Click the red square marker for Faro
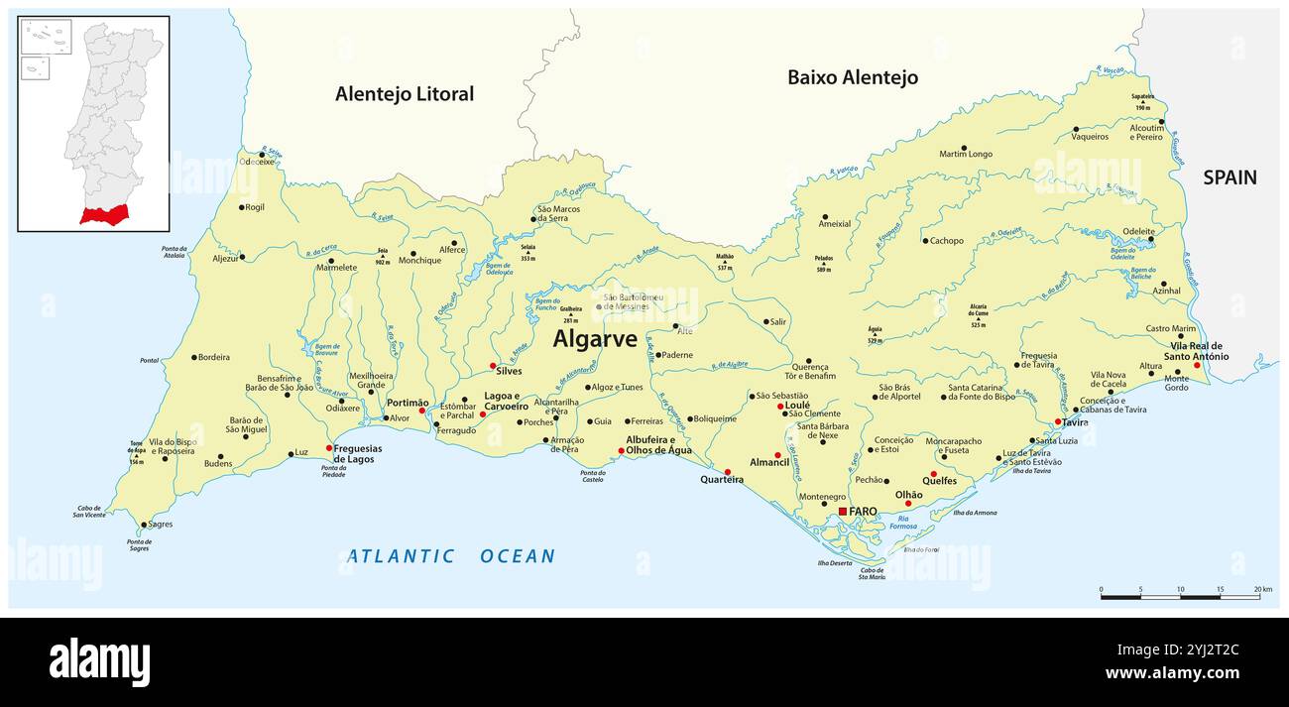(x=843, y=512)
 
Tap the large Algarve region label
(x=595, y=339)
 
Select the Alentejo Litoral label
(x=405, y=94)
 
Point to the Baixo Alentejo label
(x=852, y=77)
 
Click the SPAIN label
(x=1230, y=177)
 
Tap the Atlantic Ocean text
(x=451, y=556)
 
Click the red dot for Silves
(x=493, y=366)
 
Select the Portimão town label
(x=407, y=404)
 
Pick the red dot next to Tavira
(x=1058, y=422)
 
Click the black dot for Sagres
(x=144, y=525)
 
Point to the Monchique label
(x=419, y=260)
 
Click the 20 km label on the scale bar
(x=1262, y=590)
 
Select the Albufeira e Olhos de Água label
(x=658, y=445)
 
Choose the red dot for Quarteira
(x=728, y=472)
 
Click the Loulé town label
(x=797, y=405)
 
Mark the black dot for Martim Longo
(x=963, y=147)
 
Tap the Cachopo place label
(x=946, y=241)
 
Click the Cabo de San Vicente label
(x=89, y=511)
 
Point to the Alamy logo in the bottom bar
(x=99, y=661)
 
